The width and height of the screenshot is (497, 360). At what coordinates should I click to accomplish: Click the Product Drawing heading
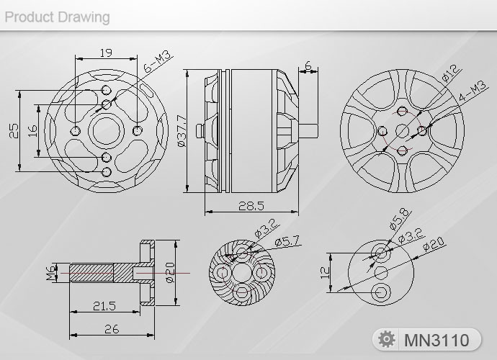(x=58, y=16)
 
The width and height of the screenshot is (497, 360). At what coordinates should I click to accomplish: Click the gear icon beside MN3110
(x=388, y=339)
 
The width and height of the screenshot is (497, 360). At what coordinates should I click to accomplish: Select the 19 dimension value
(x=106, y=52)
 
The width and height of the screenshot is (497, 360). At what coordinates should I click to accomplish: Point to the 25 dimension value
(x=14, y=130)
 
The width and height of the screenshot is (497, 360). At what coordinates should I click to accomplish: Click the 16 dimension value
(x=32, y=130)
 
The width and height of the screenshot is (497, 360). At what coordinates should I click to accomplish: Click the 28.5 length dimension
(x=250, y=206)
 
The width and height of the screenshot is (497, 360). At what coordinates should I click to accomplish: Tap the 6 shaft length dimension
(x=308, y=66)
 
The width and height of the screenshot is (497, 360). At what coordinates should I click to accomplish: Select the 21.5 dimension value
(x=104, y=306)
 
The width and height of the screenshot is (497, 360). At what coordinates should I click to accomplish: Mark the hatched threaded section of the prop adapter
(x=92, y=274)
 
